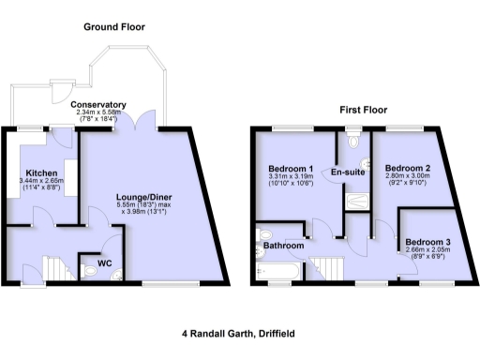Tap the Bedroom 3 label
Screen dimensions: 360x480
pyautogui.click(x=427, y=243)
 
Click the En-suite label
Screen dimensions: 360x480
pyautogui.click(x=348, y=172)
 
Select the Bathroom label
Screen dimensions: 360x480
pyautogui.click(x=284, y=246)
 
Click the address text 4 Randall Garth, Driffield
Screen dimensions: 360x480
pyautogui.click(x=239, y=332)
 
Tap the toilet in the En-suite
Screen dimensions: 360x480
pyautogui.click(x=352, y=142)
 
